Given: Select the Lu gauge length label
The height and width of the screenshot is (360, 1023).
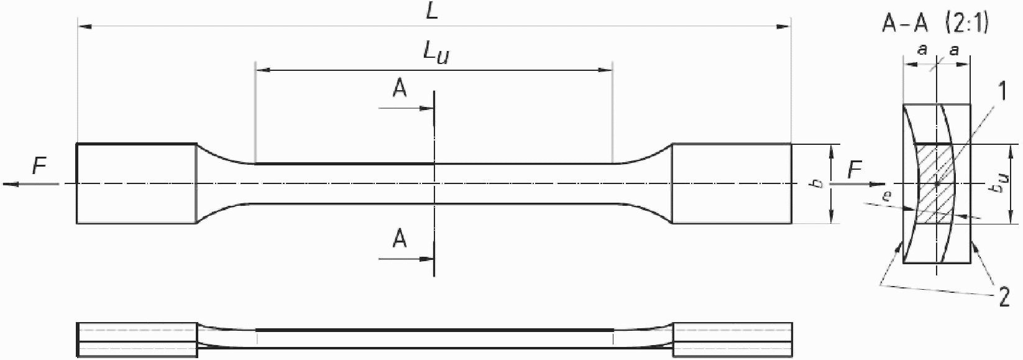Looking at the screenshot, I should click(436, 55).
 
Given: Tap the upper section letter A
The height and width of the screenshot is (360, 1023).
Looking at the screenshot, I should click(400, 90).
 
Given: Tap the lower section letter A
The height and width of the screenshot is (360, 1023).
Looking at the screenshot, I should click(400, 239).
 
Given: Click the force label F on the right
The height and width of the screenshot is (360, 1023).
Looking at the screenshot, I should click(855, 168).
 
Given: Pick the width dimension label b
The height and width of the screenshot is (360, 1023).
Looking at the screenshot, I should click(819, 183).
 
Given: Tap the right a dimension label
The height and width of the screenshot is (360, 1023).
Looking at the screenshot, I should click(953, 52).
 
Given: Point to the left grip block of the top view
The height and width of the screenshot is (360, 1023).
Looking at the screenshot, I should click(137, 183).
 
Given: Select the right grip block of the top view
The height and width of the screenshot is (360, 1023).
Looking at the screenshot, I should click(732, 183).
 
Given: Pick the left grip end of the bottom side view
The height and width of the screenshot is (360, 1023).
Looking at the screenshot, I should click(137, 340).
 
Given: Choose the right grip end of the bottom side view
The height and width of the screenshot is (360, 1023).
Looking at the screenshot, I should click(732, 340).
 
